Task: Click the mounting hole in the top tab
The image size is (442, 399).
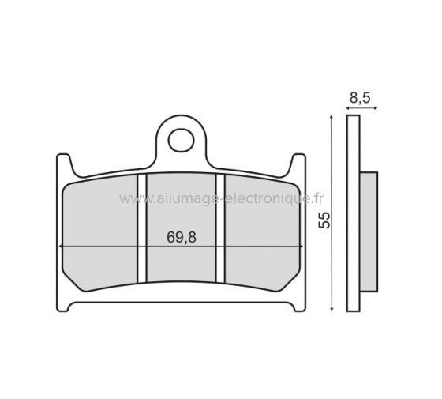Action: coord(182,140)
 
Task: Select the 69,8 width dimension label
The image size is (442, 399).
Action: coord(182,237)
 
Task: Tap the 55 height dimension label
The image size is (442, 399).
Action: coord(324,220)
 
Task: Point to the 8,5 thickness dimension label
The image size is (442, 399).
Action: coord(360,98)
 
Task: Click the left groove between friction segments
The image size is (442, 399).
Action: coord(143,228)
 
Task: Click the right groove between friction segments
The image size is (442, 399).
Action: coord(221,228)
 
